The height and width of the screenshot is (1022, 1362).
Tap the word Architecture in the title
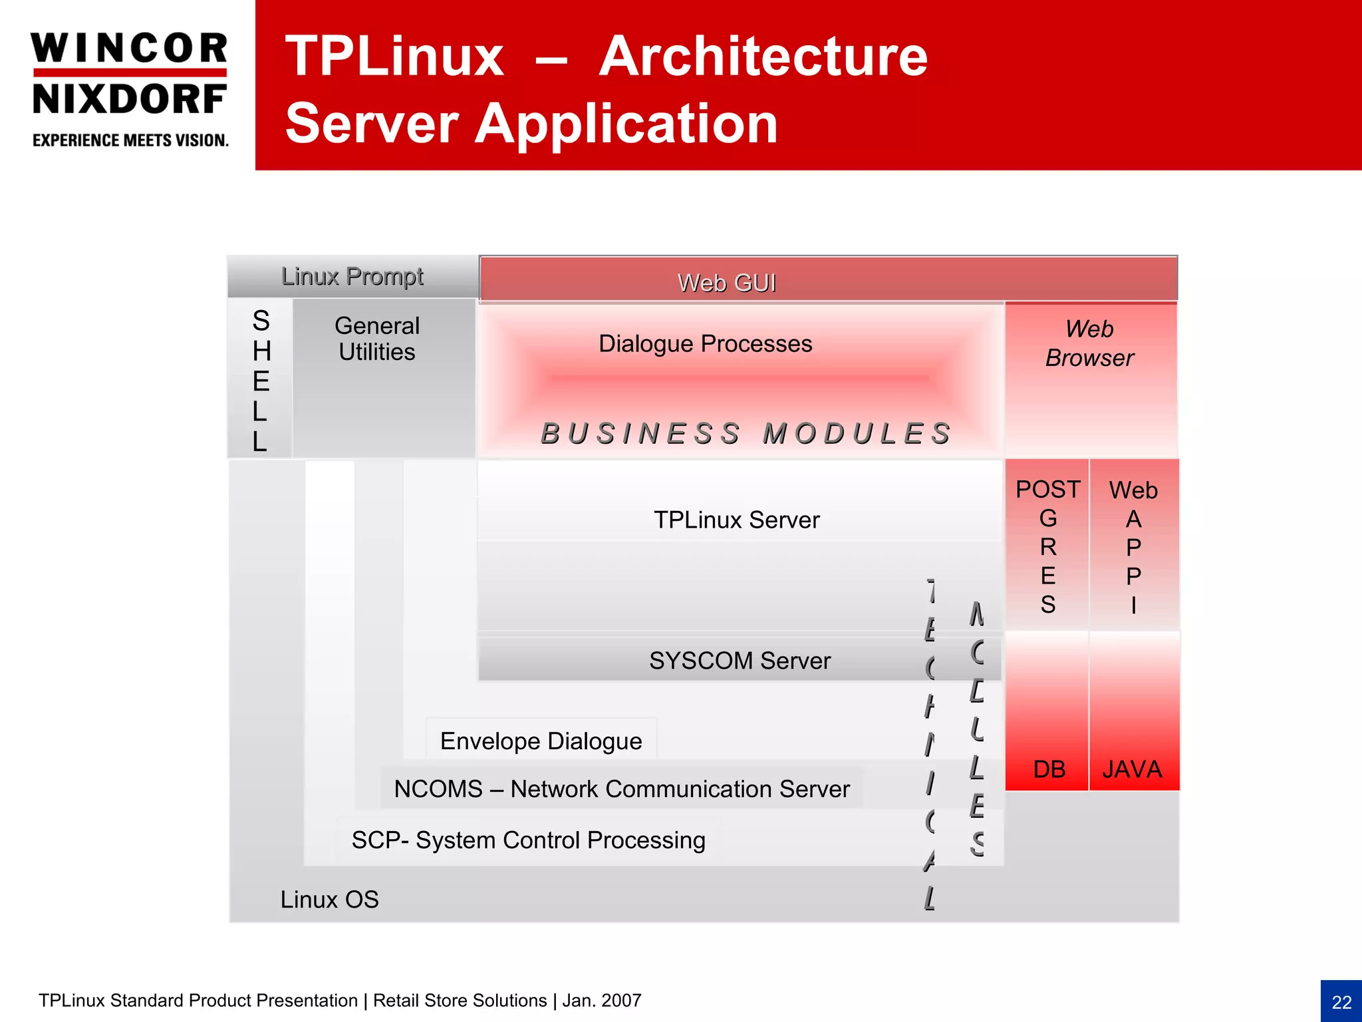click(763, 57)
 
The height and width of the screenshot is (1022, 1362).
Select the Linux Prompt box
click(352, 276)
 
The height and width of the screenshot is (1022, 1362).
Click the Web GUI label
click(726, 283)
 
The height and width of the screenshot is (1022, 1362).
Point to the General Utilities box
click(377, 339)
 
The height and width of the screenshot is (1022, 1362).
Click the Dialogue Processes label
click(705, 344)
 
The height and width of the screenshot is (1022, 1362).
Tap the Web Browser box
click(1089, 343)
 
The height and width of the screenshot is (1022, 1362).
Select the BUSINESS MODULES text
click(746, 434)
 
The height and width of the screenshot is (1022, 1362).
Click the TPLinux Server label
click(736, 520)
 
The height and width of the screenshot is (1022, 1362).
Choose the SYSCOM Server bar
click(739, 661)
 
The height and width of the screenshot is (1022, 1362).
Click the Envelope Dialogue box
click(541, 741)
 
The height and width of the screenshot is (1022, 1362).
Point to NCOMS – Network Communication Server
click(621, 789)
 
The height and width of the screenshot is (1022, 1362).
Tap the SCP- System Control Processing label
click(528, 840)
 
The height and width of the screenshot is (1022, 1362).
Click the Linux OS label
click(329, 900)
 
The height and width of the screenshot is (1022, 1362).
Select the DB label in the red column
click(1049, 770)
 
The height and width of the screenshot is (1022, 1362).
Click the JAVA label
click(1132, 770)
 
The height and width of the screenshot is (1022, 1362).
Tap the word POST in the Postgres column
click(1047, 490)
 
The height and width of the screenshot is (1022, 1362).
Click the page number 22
click(1341, 1002)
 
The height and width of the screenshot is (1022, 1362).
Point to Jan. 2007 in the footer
click(602, 1001)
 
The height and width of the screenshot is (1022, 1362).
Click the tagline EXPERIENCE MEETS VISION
click(130, 140)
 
